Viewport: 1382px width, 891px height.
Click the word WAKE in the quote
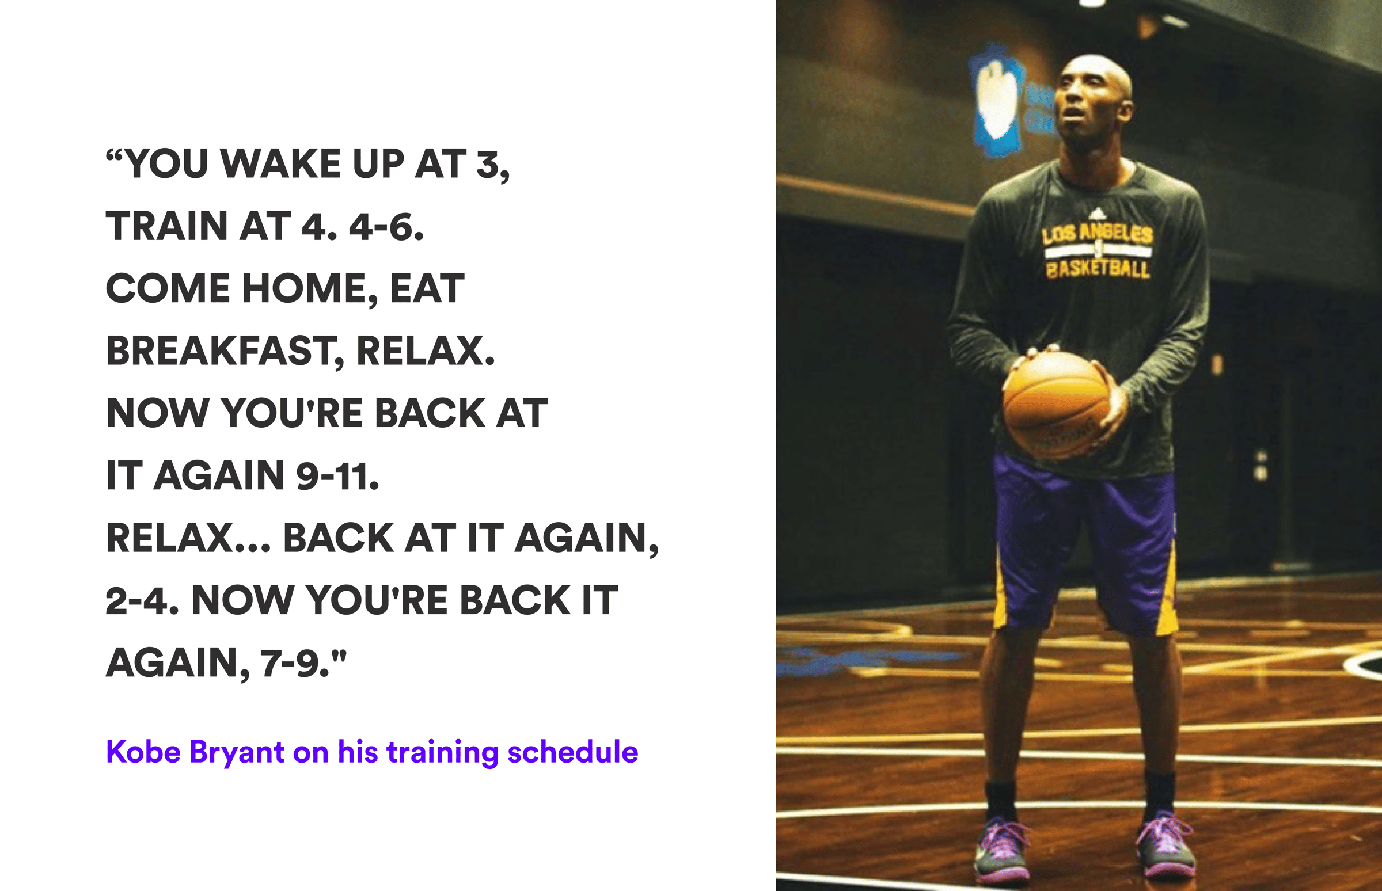point(280,163)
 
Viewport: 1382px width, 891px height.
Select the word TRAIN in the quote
point(166,226)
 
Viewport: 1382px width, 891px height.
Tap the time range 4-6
point(386,226)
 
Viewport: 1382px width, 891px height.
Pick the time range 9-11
point(337,476)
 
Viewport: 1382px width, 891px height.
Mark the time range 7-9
point(295,664)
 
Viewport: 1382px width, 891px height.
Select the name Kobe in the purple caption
point(143,752)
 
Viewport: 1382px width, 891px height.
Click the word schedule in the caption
point(573,752)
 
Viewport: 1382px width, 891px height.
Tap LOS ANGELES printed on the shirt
point(1098,234)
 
